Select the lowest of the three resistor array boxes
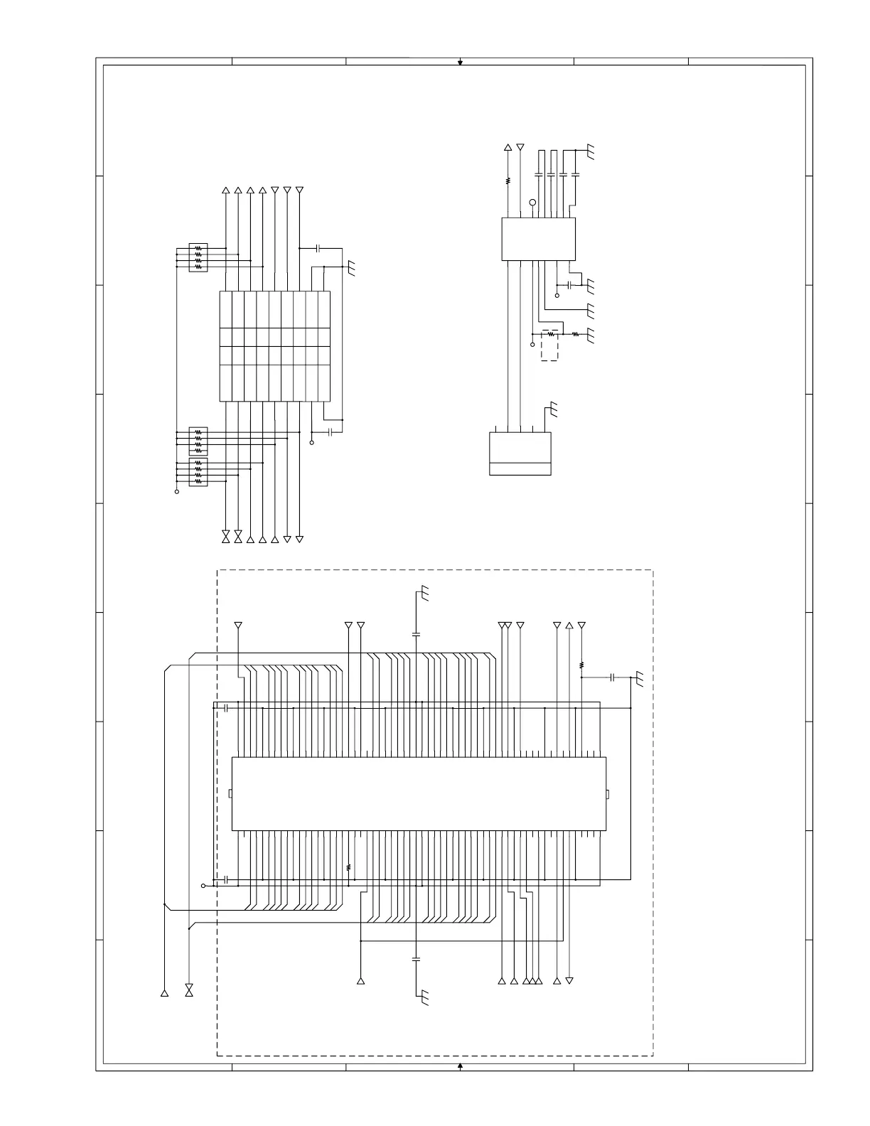(198, 473)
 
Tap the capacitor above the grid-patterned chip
(318, 248)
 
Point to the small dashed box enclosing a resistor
(549, 345)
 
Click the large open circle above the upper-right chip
(532, 204)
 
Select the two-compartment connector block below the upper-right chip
(520, 454)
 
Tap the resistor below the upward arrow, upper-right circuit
(508, 181)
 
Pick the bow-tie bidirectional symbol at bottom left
(189, 990)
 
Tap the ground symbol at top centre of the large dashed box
(424, 593)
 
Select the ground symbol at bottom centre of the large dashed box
(424, 997)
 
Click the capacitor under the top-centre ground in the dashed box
(417, 633)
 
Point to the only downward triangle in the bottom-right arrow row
(569, 981)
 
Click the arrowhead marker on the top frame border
(460, 63)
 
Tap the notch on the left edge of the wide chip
(230, 793)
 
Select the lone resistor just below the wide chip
(348, 867)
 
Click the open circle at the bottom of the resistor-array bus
(177, 491)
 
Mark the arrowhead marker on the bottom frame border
(460, 1066)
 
